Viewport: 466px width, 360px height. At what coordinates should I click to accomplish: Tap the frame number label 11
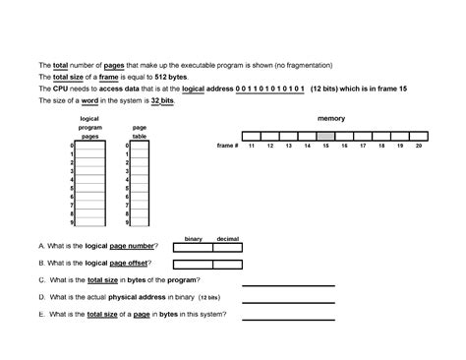(251, 146)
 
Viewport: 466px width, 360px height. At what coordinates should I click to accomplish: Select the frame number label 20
(418, 146)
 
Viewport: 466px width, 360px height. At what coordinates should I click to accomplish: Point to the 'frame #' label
(227, 146)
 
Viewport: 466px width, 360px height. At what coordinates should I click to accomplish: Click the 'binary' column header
(193, 239)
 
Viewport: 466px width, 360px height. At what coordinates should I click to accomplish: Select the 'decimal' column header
(228, 239)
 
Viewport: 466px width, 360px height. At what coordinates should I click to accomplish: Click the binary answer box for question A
(193, 248)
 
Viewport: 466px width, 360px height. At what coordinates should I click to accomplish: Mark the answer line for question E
(274, 317)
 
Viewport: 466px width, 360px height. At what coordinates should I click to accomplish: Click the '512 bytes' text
(167, 76)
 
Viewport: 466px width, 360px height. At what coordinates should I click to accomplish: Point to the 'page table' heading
(140, 132)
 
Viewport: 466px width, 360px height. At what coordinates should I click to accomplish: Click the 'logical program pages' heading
(89, 128)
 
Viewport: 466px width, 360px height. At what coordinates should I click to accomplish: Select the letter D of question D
(40, 296)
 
